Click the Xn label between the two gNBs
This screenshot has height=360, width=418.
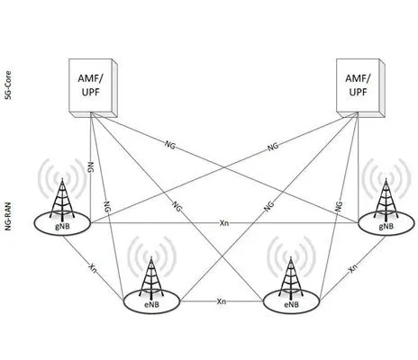[x=224, y=221]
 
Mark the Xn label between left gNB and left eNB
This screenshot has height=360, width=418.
[x=92, y=267]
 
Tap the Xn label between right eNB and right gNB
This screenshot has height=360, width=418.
[x=352, y=267]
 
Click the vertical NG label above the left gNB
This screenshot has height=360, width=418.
[x=90, y=167]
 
